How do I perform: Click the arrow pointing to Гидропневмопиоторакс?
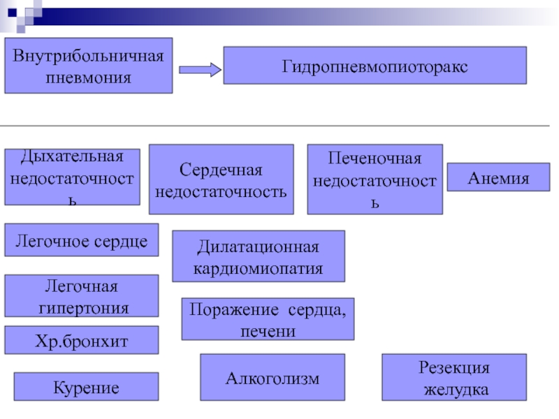pyautogui.click(x=200, y=70)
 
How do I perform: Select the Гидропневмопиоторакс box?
pyautogui.click(x=375, y=66)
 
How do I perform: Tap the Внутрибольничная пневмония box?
pyautogui.click(x=89, y=66)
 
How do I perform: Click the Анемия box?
pyautogui.click(x=498, y=177)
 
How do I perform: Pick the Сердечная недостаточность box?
pyautogui.click(x=222, y=179)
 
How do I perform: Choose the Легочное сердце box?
pyautogui.click(x=82, y=240)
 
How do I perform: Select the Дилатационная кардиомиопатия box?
pyautogui.click(x=259, y=256)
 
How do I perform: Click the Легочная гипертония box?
pyautogui.click(x=82, y=296)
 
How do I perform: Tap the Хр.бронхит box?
pyautogui.click(x=82, y=340)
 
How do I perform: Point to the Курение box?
pyautogui.click(x=86, y=387)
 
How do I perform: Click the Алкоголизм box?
pyautogui.click(x=273, y=377)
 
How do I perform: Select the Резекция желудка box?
pyautogui.click(x=454, y=377)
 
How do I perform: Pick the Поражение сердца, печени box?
pyautogui.click(x=268, y=319)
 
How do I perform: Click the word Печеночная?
pyautogui.click(x=375, y=159)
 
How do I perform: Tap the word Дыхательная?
pyautogui.click(x=73, y=156)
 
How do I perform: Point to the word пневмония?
pyautogui.click(x=89, y=78)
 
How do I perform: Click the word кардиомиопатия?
pyautogui.click(x=258, y=269)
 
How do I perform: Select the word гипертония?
pyautogui.click(x=84, y=309)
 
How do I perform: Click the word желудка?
pyautogui.click(x=456, y=390)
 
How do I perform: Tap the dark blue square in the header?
pyautogui.click(x=12, y=13)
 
